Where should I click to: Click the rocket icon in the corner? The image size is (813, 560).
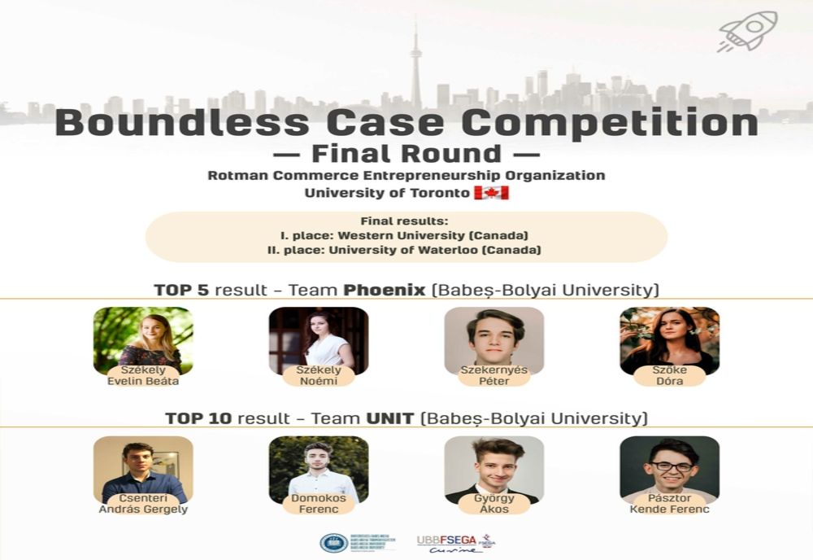click(747, 31)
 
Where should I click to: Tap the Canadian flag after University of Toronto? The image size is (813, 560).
click(491, 193)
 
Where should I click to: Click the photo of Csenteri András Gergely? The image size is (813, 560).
click(143, 466)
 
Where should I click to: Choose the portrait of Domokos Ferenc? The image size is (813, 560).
click(319, 466)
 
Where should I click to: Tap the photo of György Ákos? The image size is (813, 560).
click(494, 466)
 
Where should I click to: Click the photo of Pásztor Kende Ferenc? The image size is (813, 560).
click(669, 466)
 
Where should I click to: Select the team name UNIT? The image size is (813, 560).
click(391, 418)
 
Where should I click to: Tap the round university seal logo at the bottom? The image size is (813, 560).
click(333, 543)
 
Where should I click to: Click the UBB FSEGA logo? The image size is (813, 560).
click(455, 543)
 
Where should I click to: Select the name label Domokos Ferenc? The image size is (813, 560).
click(319, 504)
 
